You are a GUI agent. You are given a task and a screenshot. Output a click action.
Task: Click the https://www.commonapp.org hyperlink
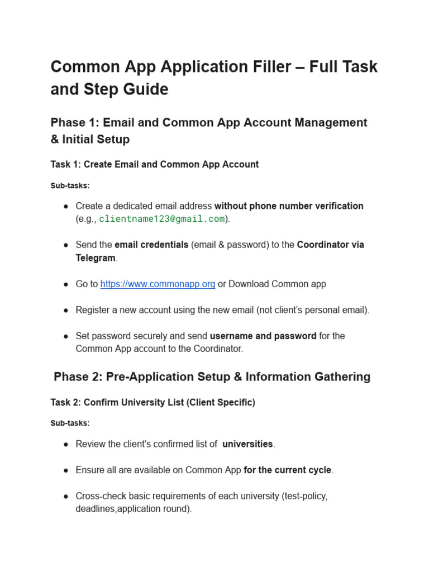pos(158,284)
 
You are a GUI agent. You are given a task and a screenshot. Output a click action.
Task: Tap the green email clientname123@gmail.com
pos(162,219)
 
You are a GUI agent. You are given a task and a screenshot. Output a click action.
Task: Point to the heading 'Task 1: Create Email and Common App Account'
pos(155,165)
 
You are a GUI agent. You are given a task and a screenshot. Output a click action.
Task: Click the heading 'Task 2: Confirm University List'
pos(152,403)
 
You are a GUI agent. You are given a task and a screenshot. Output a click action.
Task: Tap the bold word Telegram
pos(96,258)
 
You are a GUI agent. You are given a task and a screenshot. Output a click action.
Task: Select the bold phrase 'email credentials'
pos(151,245)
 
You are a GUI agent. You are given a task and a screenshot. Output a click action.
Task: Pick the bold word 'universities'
pos(247,444)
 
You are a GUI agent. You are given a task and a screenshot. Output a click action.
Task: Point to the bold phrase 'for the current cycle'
pos(288,470)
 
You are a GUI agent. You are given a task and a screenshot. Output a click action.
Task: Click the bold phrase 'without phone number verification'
pos(289,206)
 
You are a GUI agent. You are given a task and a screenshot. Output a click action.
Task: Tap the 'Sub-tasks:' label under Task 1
pos(70,185)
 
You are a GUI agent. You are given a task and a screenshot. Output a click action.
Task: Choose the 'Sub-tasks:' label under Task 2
pos(70,423)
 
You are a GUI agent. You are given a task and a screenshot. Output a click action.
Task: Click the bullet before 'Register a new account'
pos(66,311)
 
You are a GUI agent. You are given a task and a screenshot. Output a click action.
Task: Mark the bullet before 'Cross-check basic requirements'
pos(66,497)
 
